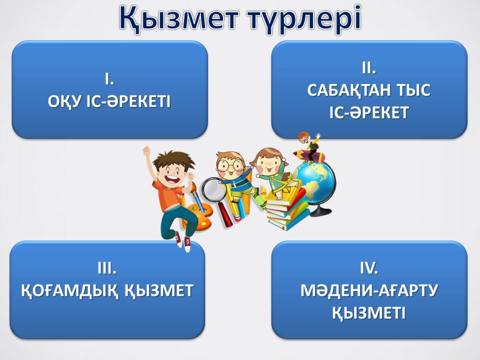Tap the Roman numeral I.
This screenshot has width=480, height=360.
click(x=109, y=79)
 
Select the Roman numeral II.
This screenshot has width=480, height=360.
click(x=369, y=68)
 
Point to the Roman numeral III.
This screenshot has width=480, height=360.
click(x=107, y=268)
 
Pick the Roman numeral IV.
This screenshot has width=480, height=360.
click(x=369, y=268)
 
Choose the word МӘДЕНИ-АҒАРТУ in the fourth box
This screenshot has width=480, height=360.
click(x=369, y=290)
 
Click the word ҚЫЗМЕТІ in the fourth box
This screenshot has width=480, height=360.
click(x=369, y=313)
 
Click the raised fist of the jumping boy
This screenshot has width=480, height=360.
click(x=147, y=150)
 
